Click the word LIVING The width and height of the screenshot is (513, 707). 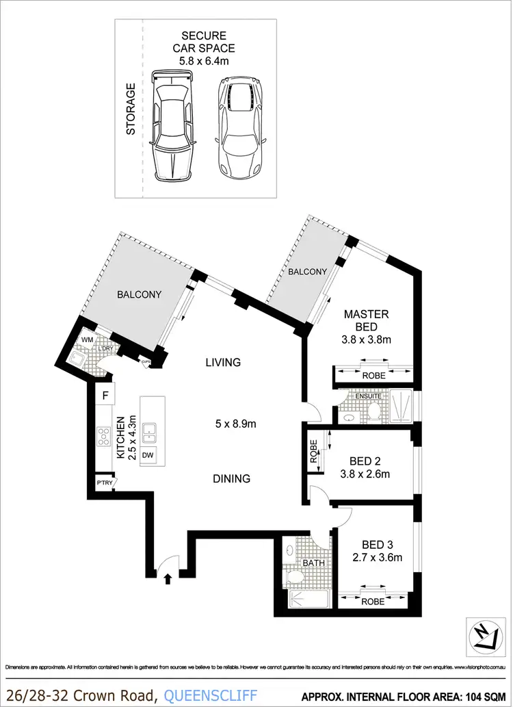click(x=223, y=362)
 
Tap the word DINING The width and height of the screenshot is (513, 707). click(x=231, y=479)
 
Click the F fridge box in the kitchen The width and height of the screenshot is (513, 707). click(x=105, y=395)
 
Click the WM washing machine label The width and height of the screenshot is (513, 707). click(x=87, y=339)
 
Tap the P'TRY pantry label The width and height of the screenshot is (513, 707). click(x=105, y=484)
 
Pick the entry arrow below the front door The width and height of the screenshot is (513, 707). click(x=168, y=580)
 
